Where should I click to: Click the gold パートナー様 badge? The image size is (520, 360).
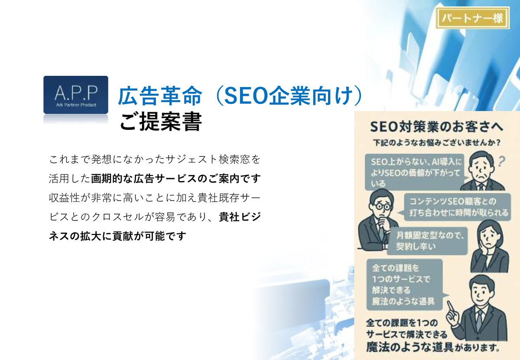click(472, 18)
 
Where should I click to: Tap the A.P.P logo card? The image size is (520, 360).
click(76, 95)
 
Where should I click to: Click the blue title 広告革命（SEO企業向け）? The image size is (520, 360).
click(240, 96)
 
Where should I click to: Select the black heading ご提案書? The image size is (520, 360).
click(161, 121)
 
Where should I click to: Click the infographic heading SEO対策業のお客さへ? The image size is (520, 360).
click(437, 127)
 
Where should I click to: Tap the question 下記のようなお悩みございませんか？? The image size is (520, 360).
click(437, 143)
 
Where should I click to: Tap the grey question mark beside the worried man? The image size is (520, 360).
click(502, 162)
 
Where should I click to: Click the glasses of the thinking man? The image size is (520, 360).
click(381, 206)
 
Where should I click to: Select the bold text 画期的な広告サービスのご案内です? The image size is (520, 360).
click(176, 178)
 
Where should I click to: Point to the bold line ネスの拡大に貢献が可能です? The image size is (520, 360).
click(117, 236)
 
